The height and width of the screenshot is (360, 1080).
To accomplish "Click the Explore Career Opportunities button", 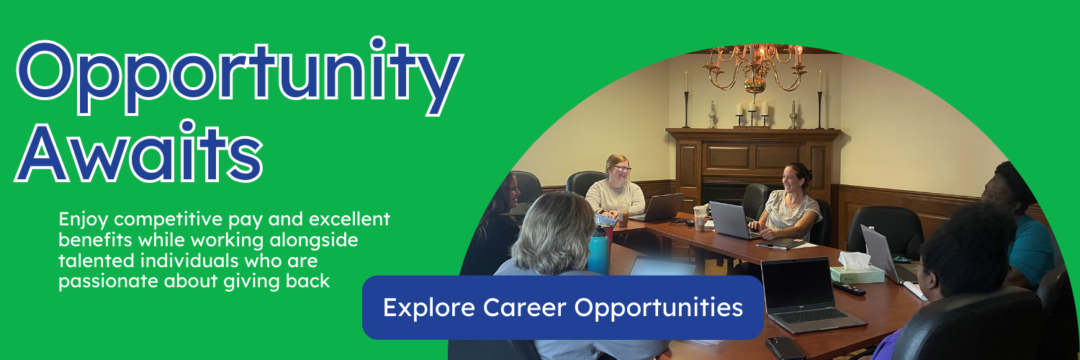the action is point(562,307).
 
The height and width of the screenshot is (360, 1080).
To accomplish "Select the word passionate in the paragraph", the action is point(108,282).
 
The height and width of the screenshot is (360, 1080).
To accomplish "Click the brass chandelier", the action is point(755,68).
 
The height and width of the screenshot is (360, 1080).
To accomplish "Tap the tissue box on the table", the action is point(857,269).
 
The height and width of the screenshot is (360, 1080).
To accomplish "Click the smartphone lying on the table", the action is point(785,348).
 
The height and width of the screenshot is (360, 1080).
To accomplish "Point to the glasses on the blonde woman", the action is point(622,168).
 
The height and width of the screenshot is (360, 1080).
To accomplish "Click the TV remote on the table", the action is point(849,288).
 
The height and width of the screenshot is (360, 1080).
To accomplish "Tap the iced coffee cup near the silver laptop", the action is point(699,218).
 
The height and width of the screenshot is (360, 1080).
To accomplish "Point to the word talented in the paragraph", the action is point(96,261).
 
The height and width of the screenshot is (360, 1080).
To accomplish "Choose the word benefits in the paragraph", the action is point(95,240).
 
